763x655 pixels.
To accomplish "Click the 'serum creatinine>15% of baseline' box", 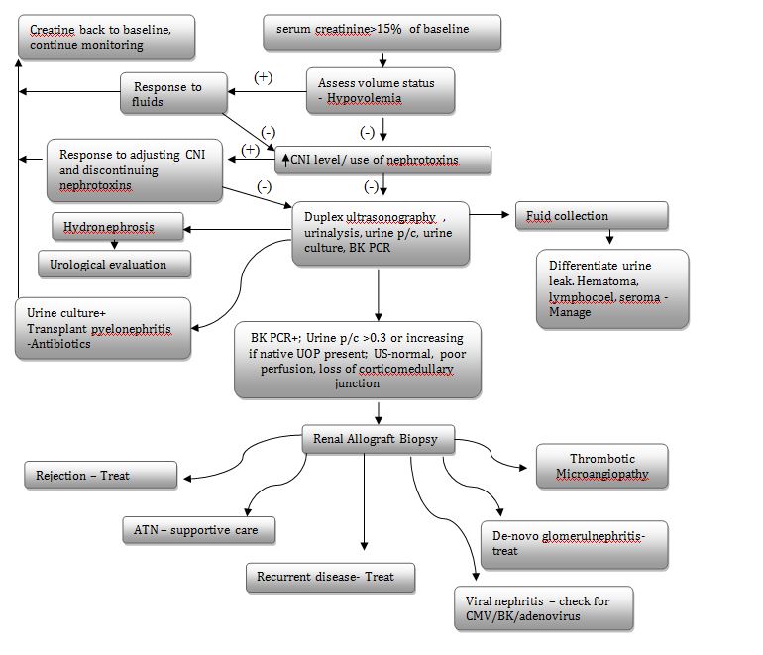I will click(x=381, y=32).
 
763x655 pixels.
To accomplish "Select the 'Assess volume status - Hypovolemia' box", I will click(x=381, y=90).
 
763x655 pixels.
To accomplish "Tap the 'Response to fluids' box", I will click(x=174, y=94).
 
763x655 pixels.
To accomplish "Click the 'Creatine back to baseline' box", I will click(x=106, y=38).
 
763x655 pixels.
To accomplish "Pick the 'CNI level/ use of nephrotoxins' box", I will click(x=382, y=160).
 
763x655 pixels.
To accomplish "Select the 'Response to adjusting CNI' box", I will click(x=133, y=168).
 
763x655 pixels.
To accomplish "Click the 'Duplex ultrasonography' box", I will click(x=380, y=232).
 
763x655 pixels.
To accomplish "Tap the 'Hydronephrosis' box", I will click(x=118, y=228).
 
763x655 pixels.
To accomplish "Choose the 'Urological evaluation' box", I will click(x=116, y=265).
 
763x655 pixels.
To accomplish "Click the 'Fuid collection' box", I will click(x=591, y=216).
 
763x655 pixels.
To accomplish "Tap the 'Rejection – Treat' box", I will click(x=100, y=476).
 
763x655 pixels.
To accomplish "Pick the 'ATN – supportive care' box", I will click(x=198, y=530).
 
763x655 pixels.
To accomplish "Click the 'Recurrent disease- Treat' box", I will click(x=330, y=577).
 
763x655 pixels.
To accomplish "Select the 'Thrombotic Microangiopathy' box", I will click(x=601, y=466).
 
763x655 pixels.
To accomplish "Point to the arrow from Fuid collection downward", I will click(x=609, y=238).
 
